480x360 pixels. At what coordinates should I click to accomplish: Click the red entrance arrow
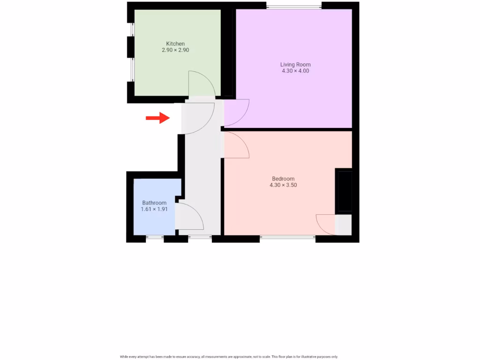pos(157,118)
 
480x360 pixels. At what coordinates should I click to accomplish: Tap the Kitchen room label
pos(175,44)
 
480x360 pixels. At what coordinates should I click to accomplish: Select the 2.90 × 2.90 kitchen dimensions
pos(175,50)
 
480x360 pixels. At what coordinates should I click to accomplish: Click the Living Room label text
pos(295,65)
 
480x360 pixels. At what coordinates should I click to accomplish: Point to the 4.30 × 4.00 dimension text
pos(295,71)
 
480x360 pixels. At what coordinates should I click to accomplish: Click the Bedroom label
pos(283,179)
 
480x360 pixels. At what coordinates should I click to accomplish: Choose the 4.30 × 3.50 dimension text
pos(283,185)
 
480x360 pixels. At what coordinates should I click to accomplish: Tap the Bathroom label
pos(154,203)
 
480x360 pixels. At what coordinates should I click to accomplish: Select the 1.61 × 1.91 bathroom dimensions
pos(154,209)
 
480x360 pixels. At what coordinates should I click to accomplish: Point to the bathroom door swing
pos(188,217)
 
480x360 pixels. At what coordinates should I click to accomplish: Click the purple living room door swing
pos(236,112)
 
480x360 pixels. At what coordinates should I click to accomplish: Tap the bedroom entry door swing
pos(236,144)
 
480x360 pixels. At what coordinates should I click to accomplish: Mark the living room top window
pos(294,6)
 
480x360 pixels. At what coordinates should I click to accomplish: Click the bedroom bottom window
pos(287,238)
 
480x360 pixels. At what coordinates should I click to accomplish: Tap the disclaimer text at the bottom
pos(229,357)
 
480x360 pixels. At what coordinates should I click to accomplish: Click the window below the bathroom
pos(155,238)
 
